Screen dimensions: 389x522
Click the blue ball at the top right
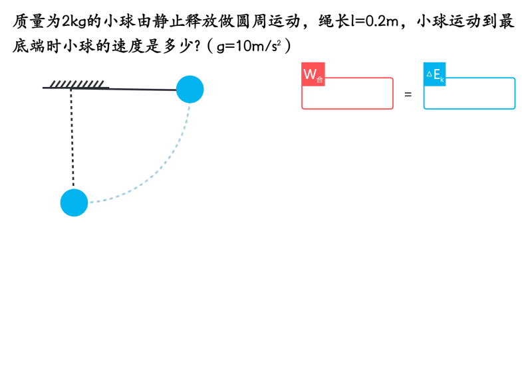[x=190, y=89]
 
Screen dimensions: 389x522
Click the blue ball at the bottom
[x=74, y=202]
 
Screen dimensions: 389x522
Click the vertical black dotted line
[x=72, y=139]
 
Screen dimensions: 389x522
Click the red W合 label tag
[x=313, y=74]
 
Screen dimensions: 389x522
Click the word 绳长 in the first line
[x=334, y=21]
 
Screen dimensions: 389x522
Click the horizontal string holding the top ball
[x=140, y=88]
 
